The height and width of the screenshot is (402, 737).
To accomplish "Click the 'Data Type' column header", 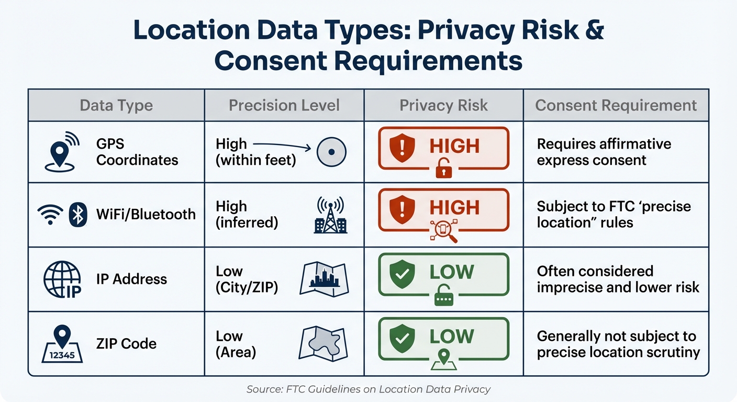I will point(116,105).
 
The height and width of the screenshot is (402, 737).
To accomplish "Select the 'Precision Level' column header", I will point(284,105).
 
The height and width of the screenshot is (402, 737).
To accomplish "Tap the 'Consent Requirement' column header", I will point(616,105).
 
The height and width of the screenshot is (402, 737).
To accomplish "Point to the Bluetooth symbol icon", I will point(78,215).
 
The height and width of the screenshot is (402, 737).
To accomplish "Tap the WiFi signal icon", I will point(50,215).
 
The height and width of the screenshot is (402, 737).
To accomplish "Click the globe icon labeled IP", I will point(62,280).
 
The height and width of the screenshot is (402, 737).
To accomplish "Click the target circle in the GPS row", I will point(331,152).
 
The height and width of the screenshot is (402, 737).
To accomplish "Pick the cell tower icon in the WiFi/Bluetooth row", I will point(330,215).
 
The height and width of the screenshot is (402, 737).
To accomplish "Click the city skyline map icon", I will point(324,279).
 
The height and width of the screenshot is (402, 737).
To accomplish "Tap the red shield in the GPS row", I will point(403,147).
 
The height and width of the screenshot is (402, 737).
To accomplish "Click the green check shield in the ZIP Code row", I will point(403,337).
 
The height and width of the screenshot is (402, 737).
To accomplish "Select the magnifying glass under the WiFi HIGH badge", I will point(444,231).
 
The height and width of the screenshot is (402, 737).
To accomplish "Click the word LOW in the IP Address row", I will point(451,272).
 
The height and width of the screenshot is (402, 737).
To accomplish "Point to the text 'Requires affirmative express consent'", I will point(604,152).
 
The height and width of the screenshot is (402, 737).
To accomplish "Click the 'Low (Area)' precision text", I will point(236,344).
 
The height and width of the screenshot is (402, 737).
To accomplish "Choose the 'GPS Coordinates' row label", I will point(137,152).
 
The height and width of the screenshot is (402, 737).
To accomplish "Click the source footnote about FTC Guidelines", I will point(368,389).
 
